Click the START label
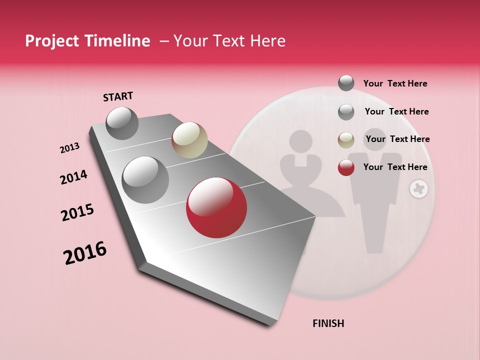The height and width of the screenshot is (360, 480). point(118,96)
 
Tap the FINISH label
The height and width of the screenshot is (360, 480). point(328,323)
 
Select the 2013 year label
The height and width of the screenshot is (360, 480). point(69,148)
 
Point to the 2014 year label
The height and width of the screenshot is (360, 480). point(73,177)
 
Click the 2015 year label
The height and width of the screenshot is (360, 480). point(77,212)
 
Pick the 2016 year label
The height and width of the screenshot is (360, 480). point(85,253)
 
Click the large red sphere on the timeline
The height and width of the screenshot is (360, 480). point(216,207)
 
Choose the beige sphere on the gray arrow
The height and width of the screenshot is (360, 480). point(189,139)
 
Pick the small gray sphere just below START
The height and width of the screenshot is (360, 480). point(122,123)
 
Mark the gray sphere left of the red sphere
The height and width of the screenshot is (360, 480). point(145,179)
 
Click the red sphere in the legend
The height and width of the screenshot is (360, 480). point(346,167)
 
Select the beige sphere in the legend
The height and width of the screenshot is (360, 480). point(346,140)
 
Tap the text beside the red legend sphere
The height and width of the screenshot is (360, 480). point(395,167)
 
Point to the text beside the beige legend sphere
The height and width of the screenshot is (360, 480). point(397,139)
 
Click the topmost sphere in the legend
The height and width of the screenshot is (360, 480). point(346,83)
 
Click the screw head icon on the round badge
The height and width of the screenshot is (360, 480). point(418,189)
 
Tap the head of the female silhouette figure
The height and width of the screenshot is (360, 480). point(300,141)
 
